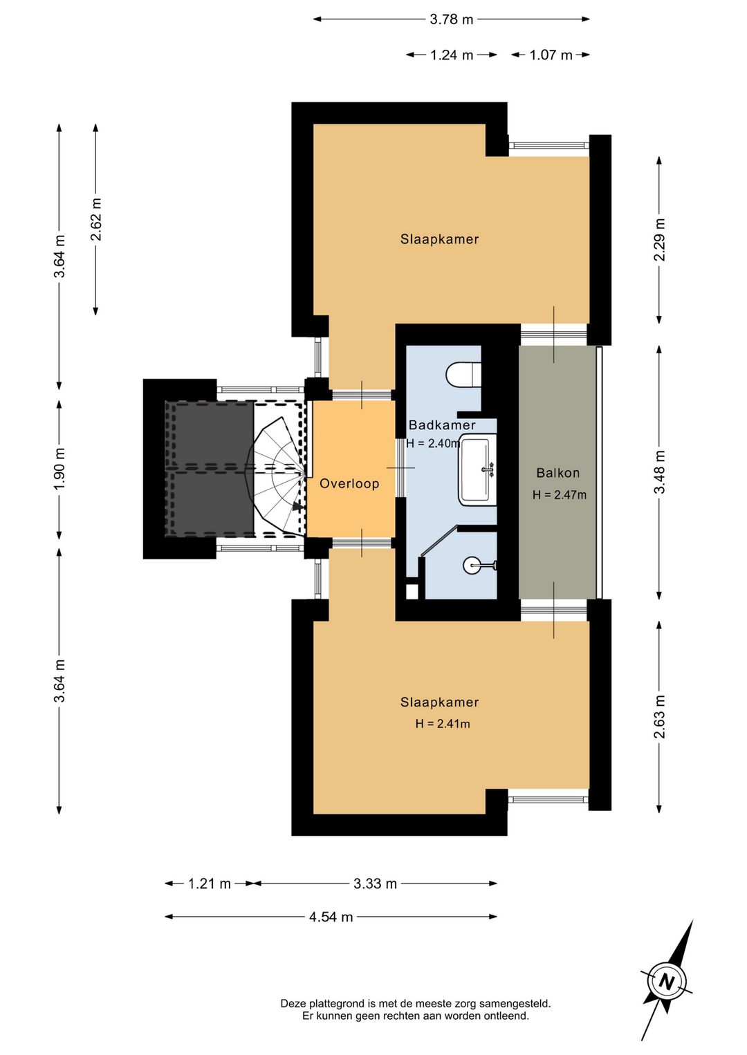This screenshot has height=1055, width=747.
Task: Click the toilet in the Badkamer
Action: [463, 374]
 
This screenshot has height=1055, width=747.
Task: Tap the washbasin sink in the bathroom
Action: [477, 471]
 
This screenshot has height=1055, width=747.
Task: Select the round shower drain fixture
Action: [473, 566]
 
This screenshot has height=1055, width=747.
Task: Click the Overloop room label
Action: [349, 484]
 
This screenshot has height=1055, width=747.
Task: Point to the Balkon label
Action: [558, 472]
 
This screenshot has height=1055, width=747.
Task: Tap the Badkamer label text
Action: [441, 425]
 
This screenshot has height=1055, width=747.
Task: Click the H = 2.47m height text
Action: [560, 494]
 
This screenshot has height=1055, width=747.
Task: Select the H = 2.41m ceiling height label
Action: [443, 723]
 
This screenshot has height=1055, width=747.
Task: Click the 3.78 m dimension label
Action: [451, 19]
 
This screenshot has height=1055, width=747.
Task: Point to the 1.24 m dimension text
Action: [452, 55]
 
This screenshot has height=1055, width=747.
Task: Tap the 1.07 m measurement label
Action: [551, 55]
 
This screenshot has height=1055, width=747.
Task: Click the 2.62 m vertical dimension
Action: [95, 219]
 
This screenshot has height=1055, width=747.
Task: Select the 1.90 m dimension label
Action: [59, 469]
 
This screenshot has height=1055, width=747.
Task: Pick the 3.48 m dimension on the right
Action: [659, 472]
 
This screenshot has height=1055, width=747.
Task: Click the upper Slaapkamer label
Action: [439, 239]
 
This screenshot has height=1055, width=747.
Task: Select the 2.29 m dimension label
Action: [659, 239]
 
